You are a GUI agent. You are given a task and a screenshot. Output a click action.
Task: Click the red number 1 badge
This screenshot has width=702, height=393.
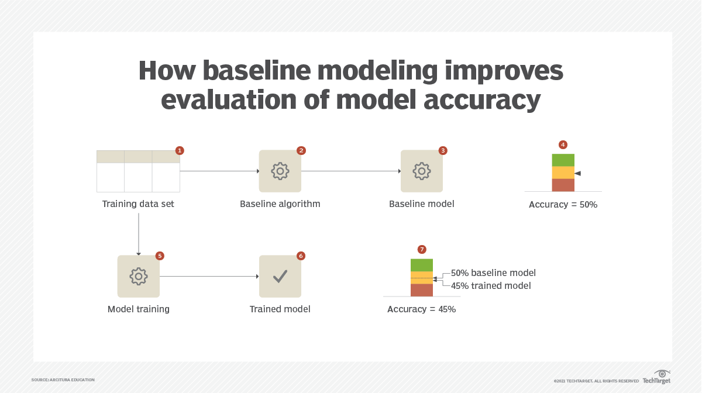(180, 150)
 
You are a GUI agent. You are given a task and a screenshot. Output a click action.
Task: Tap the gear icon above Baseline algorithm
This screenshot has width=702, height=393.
(280, 171)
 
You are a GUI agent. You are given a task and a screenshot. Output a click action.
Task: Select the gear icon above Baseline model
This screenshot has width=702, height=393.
(422, 171)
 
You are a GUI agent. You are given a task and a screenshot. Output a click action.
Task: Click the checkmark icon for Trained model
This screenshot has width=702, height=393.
(280, 276)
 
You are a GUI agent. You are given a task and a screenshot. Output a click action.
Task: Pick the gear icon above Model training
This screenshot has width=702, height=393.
(139, 276)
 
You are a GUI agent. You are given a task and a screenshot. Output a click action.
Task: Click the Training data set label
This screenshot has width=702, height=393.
(138, 204)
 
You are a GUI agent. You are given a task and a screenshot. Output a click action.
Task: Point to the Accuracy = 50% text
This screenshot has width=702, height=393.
(563, 205)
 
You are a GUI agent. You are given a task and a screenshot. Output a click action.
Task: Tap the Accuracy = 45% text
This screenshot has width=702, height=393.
(421, 309)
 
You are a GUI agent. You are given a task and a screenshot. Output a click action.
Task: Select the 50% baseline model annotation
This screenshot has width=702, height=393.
(493, 273)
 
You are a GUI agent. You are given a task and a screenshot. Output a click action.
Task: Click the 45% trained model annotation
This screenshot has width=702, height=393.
(491, 286)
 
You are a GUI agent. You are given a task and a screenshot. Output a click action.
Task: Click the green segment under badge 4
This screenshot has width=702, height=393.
(563, 160)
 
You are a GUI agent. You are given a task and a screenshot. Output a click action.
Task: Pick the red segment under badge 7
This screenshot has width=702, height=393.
(421, 290)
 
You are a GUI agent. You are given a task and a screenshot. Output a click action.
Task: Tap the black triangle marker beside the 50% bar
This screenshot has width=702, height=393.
(577, 173)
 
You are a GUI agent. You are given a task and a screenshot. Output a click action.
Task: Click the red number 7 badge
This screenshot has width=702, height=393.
(422, 250)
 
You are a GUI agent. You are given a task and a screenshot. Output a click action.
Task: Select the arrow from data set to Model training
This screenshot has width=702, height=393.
(139, 234)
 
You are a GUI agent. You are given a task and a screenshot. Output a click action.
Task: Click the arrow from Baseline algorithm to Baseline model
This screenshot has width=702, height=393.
(351, 171)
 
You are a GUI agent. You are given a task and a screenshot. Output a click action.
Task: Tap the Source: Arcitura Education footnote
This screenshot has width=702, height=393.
(63, 380)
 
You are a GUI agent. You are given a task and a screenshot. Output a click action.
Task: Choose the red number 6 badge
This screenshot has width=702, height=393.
(301, 256)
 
